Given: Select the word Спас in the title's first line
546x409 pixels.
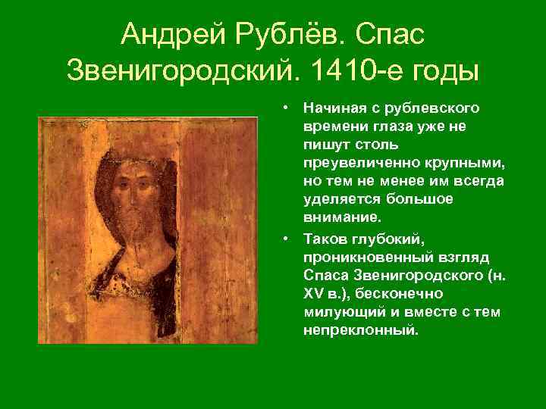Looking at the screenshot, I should pos(390,33).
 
